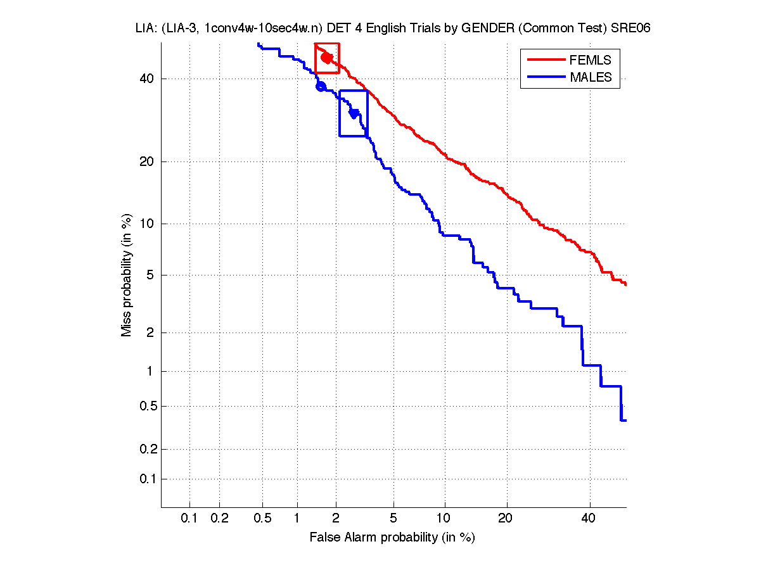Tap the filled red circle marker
[327, 58]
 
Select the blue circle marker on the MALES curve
[321, 86]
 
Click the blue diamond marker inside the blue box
[354, 113]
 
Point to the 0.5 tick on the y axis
[147, 406]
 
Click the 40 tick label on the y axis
[147, 79]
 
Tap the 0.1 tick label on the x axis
[189, 519]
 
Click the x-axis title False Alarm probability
[392, 538]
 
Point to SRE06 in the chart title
[633, 28]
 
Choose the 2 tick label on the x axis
[336, 519]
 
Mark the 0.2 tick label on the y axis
[147, 449]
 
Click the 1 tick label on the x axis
[297, 519]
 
